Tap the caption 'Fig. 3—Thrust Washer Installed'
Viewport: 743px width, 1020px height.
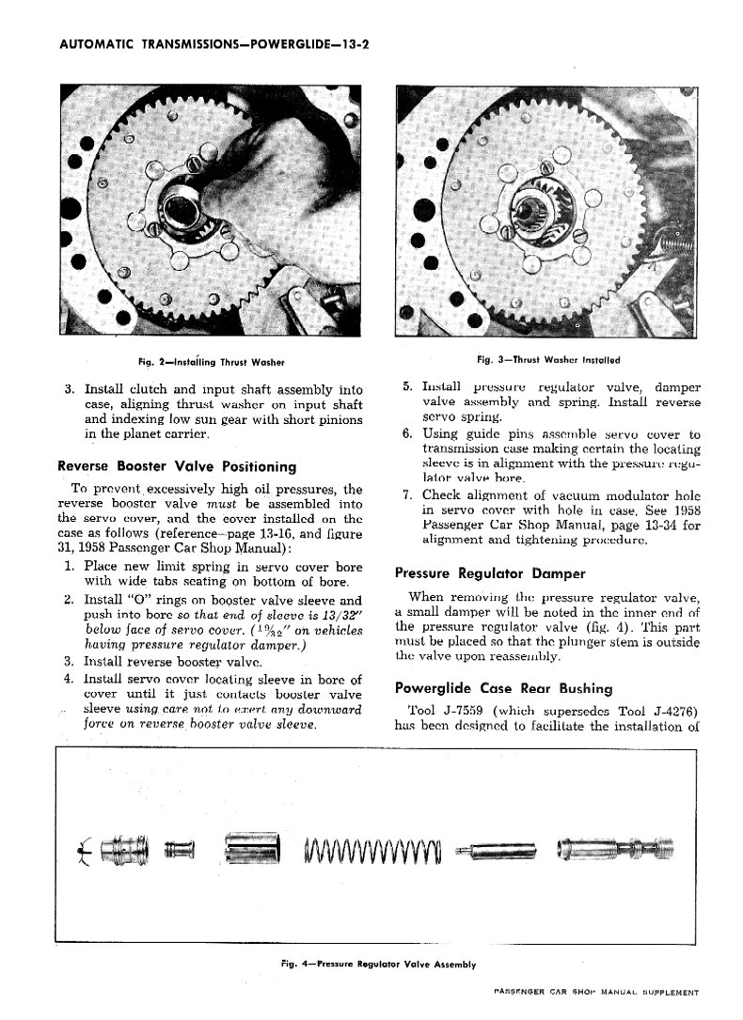[549, 359]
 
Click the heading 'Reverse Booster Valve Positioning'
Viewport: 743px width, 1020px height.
[177, 466]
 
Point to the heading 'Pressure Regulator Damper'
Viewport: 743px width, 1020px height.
[490, 573]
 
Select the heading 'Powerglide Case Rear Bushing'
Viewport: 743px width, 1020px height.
[503, 687]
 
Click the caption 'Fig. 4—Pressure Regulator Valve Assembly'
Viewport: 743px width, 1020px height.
[378, 964]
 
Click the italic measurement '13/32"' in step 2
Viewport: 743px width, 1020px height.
[338, 616]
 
